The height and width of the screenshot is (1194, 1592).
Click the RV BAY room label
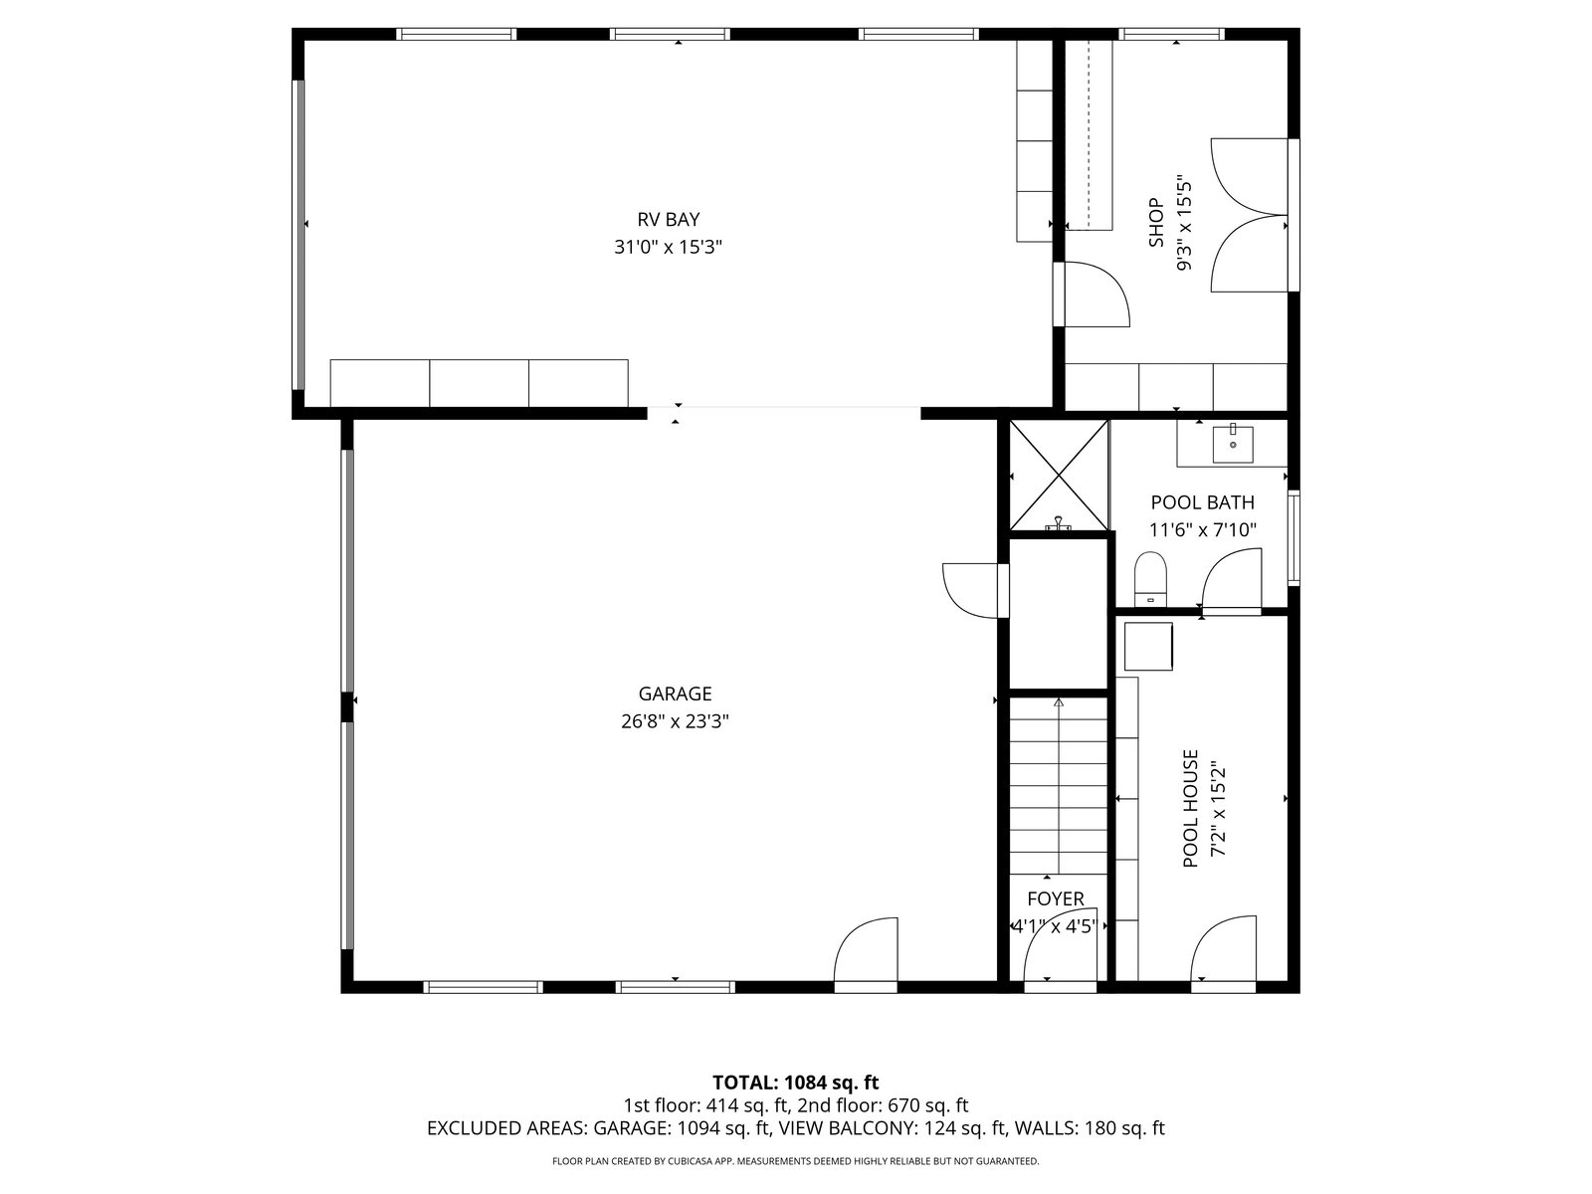668,219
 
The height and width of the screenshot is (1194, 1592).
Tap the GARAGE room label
675,694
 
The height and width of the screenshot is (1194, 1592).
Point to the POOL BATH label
1202,502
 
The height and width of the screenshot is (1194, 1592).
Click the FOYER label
1056,898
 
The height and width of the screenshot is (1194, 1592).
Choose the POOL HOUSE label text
1190,808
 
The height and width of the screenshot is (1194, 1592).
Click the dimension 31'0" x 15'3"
668,247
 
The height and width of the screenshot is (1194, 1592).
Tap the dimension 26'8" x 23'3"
675,722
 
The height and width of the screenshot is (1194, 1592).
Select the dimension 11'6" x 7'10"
1203,530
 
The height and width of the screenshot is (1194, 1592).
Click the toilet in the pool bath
1149,578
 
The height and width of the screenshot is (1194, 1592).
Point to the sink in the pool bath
1232,445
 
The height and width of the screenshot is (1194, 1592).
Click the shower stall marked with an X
1059,475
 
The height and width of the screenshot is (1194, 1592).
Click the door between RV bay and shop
1091,295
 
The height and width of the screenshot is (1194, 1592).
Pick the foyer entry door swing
1060,946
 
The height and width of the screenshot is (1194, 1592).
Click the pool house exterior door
1224,953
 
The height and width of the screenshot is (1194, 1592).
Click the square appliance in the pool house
1148,646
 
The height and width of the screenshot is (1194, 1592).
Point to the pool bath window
1293,537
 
